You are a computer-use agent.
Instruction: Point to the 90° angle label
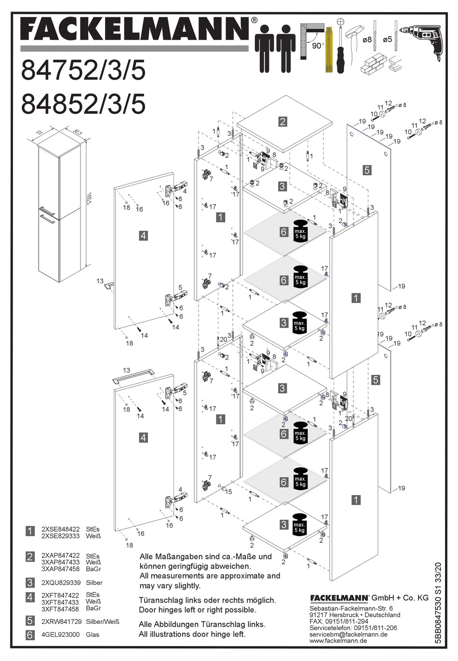(x=317, y=46)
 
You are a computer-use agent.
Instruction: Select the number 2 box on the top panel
(x=283, y=122)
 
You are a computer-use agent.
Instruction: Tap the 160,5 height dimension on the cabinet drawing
(x=89, y=198)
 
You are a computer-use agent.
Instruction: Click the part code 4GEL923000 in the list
(x=61, y=634)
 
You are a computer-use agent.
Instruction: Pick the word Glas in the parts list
(x=93, y=634)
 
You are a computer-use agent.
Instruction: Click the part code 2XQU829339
(x=61, y=582)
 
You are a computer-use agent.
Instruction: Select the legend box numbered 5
(x=30, y=621)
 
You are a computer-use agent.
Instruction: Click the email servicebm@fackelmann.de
(x=348, y=634)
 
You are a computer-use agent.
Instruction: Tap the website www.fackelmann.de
(x=338, y=641)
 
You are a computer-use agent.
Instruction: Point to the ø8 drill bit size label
(x=367, y=40)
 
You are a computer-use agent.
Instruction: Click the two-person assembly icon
(x=275, y=48)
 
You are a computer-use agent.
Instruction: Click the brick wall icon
(x=374, y=63)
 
